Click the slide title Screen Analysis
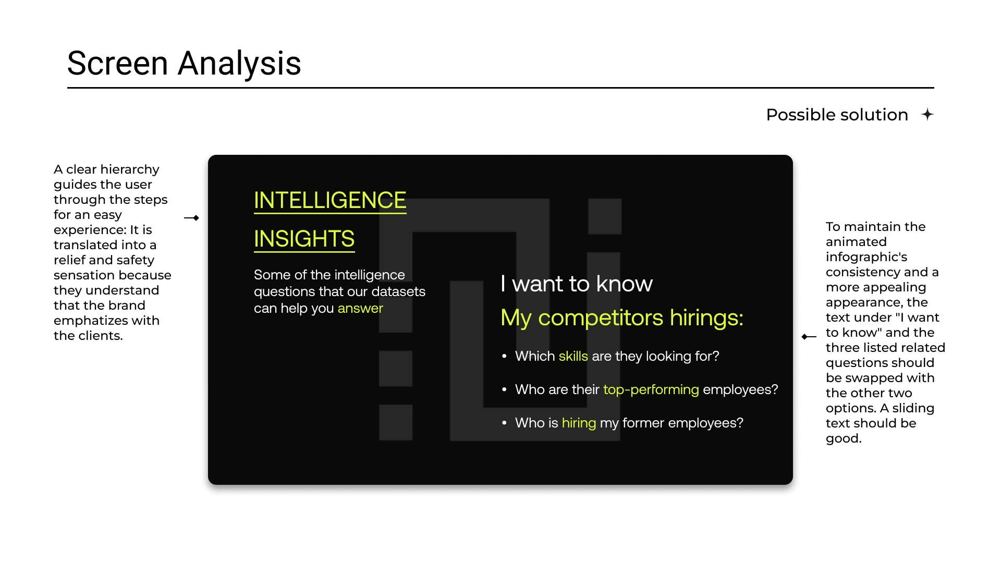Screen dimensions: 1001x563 tap(184, 64)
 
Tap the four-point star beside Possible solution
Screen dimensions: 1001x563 tap(927, 114)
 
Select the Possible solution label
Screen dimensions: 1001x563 tap(837, 115)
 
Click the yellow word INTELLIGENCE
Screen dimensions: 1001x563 tap(330, 200)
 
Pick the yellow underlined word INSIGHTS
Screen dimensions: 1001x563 tap(304, 239)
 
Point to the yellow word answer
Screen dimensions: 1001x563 tap(360, 308)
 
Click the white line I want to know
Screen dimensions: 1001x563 tap(577, 284)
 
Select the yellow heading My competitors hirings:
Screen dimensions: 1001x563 tap(622, 317)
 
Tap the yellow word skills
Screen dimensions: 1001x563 tap(573, 356)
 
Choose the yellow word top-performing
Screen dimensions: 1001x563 tap(651, 389)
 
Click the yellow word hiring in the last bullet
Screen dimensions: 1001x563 tap(579, 423)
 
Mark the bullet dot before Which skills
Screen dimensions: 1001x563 tap(504, 356)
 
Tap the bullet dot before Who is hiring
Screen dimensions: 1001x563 tap(504, 423)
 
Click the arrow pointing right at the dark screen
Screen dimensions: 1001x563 tap(192, 218)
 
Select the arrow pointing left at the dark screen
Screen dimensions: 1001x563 tap(809, 337)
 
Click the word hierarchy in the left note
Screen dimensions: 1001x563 tap(130, 169)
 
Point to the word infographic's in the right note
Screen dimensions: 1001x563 tap(866, 257)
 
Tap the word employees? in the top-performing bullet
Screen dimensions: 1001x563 tap(740, 389)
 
